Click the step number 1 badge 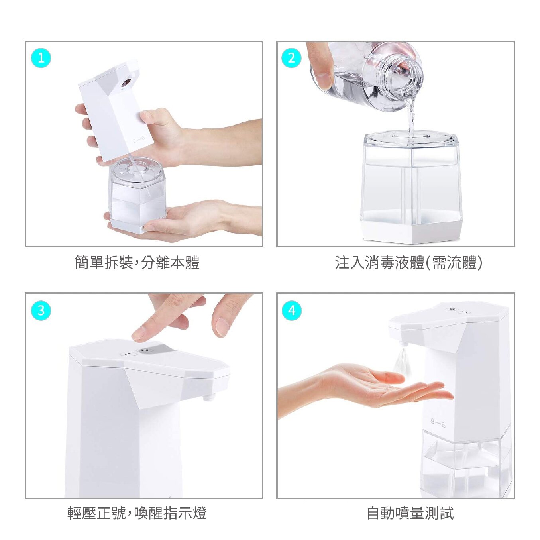tap(41, 58)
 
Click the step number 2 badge tap(291, 58)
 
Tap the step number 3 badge tap(41, 310)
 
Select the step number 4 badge tap(291, 310)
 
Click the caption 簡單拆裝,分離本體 tap(137, 262)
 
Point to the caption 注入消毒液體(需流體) tap(409, 262)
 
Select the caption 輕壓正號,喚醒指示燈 tap(137, 513)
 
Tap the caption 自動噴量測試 tap(410, 513)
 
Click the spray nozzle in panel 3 tap(209, 397)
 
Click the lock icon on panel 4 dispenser tap(438, 423)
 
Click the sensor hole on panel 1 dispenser tap(126, 82)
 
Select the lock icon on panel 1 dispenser tap(139, 139)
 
